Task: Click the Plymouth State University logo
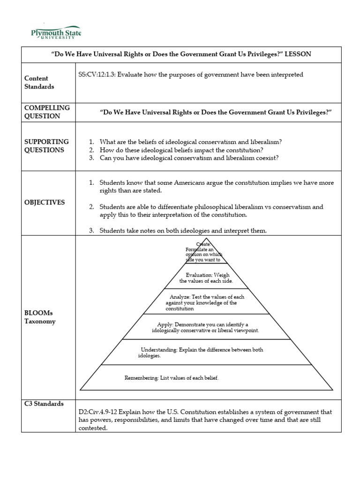coord(56,33)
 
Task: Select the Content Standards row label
coord(39,82)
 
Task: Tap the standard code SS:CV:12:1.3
coord(99,75)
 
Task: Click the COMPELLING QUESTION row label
coord(47,112)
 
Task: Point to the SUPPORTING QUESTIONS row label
coord(46,146)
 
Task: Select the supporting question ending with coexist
coord(189,158)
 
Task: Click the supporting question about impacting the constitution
coord(181,150)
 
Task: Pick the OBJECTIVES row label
coord(45,202)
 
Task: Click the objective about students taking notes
coord(183,230)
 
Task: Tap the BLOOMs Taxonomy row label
coord(40,317)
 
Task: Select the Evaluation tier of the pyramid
coord(206,278)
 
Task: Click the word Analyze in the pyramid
coord(180,297)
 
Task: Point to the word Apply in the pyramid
coord(165,324)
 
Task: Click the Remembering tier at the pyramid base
coord(172,378)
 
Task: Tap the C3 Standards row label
coord(44,404)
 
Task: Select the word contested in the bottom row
coord(93,428)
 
